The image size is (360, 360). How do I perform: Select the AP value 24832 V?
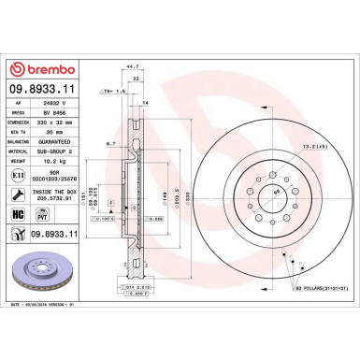click(64, 108)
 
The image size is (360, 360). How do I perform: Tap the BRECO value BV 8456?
click(64, 119)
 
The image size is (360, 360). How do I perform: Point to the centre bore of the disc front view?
click(278, 194)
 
